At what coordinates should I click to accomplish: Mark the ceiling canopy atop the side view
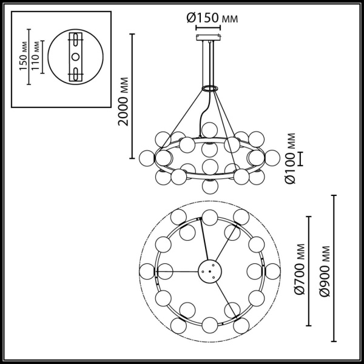pyautogui.click(x=210, y=38)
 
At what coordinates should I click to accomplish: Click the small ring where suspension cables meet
pyautogui.click(x=210, y=89)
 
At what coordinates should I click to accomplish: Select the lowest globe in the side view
pyautogui.click(x=210, y=186)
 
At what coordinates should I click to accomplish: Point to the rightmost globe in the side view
pyautogui.click(x=272, y=157)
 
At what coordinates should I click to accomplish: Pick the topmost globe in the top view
pyautogui.click(x=210, y=217)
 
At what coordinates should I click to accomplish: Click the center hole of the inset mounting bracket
pyautogui.click(x=75, y=56)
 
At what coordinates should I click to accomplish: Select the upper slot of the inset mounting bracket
pyautogui.click(x=75, y=43)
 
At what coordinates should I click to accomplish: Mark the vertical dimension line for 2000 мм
pyautogui.click(x=133, y=97)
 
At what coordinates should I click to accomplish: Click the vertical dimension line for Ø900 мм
pyautogui.click(x=334, y=269)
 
